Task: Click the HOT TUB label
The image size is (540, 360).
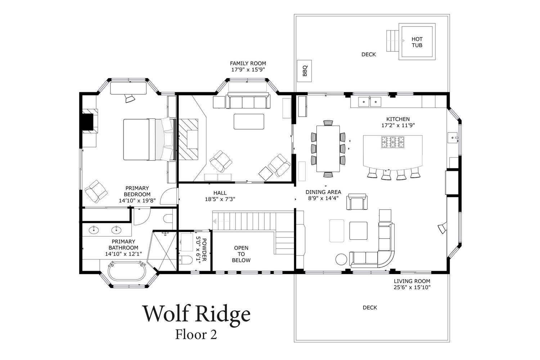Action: [417, 42]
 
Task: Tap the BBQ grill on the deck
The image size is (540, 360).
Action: [305, 71]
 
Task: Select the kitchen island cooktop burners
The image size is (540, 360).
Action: [393, 142]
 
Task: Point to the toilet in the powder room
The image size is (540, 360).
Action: [186, 260]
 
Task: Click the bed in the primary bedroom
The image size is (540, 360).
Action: [148, 140]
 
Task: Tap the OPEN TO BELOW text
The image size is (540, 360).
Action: [241, 254]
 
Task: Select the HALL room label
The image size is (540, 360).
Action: [220, 193]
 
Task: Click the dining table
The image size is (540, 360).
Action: [328, 149]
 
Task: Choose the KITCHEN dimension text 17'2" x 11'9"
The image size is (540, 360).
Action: [398, 125]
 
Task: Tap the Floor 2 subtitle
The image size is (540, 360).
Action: [196, 334]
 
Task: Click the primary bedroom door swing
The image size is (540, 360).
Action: [168, 196]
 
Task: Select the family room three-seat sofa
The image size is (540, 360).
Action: [248, 100]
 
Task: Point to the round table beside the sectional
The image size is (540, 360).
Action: [341, 260]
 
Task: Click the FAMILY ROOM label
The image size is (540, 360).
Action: [248, 63]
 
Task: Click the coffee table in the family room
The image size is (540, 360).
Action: [249, 122]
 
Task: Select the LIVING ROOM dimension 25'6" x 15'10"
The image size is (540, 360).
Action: [412, 287]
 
